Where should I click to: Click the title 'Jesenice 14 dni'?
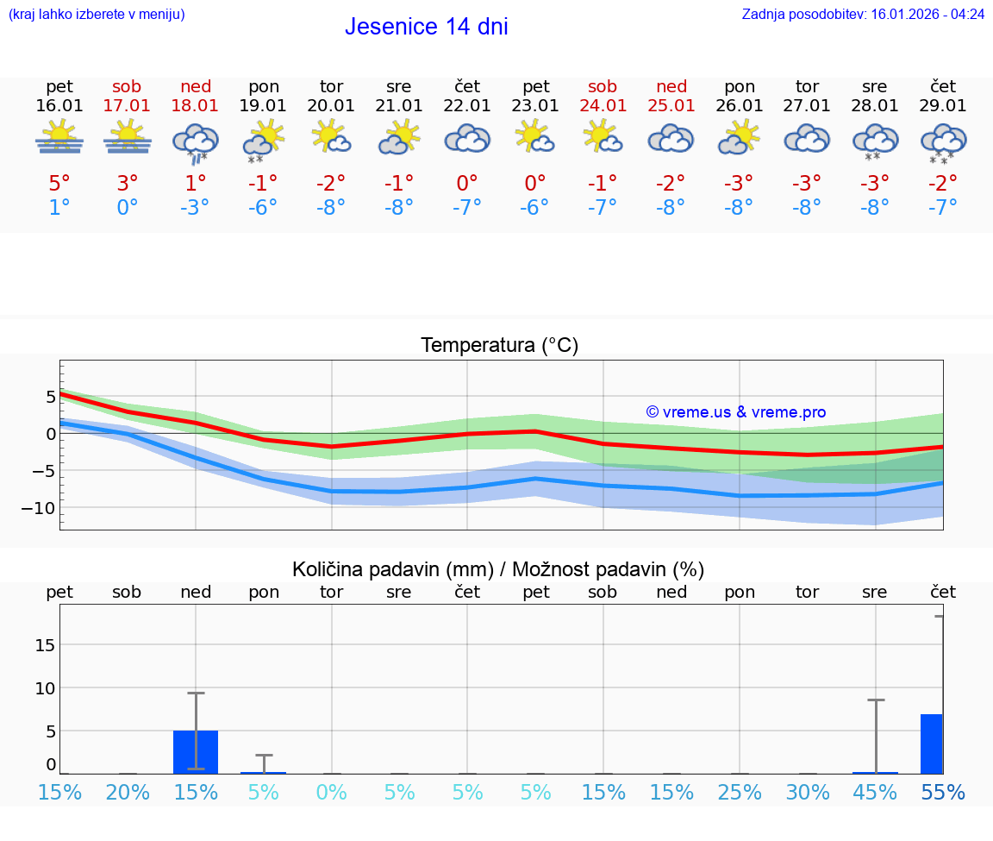click(426, 27)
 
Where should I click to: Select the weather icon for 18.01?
click(196, 142)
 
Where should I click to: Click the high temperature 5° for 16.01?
click(59, 184)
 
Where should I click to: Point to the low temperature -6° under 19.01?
click(263, 208)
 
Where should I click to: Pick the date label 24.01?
click(602, 106)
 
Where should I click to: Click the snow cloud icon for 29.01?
click(943, 142)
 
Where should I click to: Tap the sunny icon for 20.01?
click(331, 138)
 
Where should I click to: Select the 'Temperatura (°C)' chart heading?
click(499, 346)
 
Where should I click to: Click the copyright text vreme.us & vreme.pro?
click(735, 412)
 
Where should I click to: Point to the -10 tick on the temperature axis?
click(39, 508)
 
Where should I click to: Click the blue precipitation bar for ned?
click(196, 751)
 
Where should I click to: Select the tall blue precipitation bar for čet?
click(931, 744)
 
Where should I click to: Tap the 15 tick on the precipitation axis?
click(45, 645)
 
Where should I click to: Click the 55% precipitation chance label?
click(942, 793)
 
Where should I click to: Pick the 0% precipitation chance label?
click(331, 793)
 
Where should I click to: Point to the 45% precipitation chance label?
click(875, 793)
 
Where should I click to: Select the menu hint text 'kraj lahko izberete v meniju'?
click(97, 15)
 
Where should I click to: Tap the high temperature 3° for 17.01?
click(127, 184)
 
